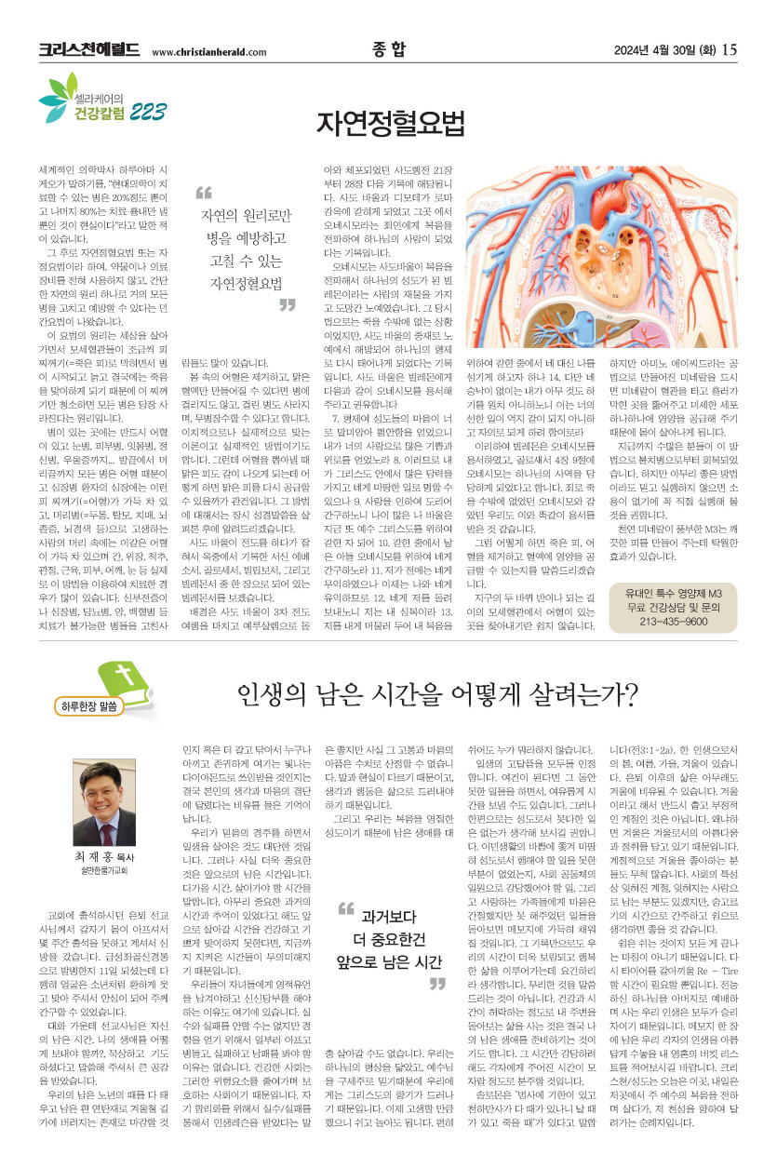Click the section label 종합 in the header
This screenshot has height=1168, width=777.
[388, 49]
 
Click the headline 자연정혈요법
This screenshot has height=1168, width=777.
[389, 121]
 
